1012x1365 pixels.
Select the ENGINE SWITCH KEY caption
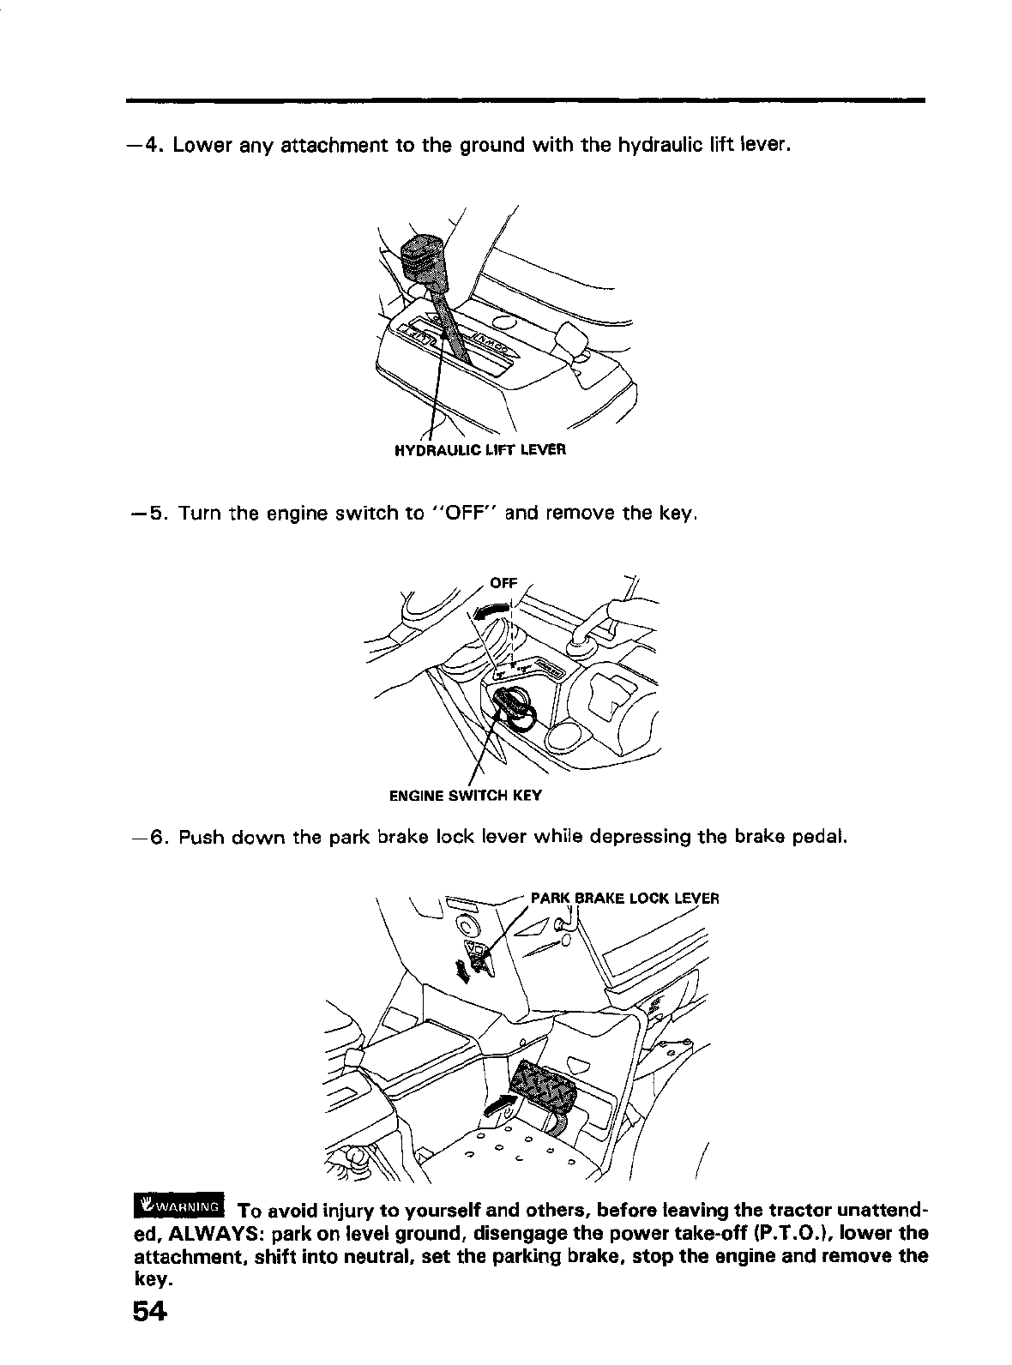tap(466, 795)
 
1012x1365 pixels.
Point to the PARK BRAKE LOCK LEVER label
tap(624, 899)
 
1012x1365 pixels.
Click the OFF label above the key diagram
tap(503, 582)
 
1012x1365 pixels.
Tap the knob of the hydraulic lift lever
tap(423, 254)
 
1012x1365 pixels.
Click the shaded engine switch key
tap(513, 708)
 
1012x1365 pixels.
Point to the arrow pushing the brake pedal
tap(501, 1105)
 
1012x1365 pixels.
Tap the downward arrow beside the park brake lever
tap(464, 972)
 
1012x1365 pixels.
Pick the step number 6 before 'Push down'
tap(157, 836)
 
